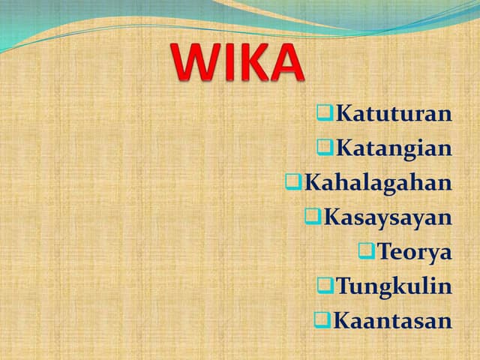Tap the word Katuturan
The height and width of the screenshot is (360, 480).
pos(394,114)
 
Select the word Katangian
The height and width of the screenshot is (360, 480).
pos(394,148)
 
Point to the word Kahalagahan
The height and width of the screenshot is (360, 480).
pos(378,182)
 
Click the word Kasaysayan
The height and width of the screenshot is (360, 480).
pos(388,217)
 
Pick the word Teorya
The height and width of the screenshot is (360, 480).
pos(414,251)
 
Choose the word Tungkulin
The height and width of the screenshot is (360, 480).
pos(394,286)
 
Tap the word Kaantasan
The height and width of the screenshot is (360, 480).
pos(392,320)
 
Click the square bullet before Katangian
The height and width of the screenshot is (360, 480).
pos(324,148)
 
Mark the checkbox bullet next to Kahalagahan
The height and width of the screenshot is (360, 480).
pos(293,181)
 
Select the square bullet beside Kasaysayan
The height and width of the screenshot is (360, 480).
pos(313,217)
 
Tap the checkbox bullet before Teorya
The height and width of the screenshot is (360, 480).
pos(367,250)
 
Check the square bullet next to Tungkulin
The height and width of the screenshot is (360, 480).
pos(324,285)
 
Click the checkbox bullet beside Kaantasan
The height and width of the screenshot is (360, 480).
pos(322,320)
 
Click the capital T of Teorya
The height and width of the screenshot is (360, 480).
pos(384,251)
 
